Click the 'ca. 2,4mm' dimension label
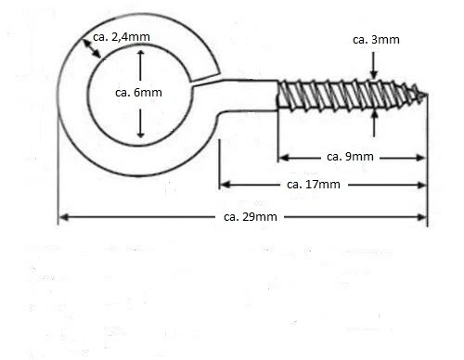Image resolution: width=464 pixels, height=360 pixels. pyautogui.click(x=122, y=37)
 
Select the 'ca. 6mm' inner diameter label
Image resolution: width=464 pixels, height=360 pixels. pyautogui.click(x=139, y=93)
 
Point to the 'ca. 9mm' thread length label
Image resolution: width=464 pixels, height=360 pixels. pyautogui.click(x=351, y=156)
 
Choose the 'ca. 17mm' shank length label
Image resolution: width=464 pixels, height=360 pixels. pyautogui.click(x=314, y=185)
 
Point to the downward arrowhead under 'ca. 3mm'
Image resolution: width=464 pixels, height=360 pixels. pyautogui.click(x=374, y=74)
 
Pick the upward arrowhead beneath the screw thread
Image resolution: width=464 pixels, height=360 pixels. pyautogui.click(x=374, y=114)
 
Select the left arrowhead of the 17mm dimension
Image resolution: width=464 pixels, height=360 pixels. pyautogui.click(x=224, y=185)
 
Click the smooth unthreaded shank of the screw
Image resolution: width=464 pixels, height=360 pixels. pyautogui.click(x=251, y=96)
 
